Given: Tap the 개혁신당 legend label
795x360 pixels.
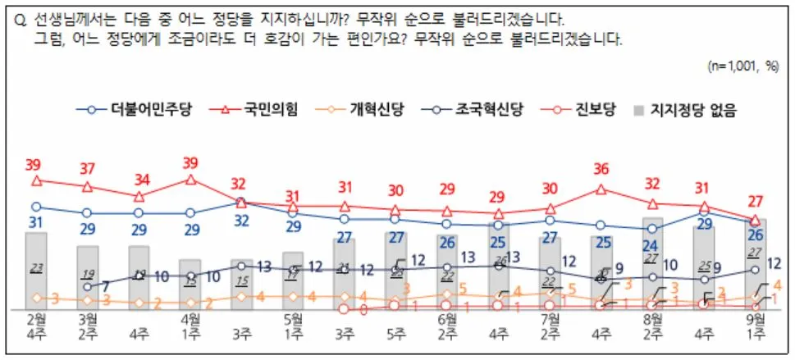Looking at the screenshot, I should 361,109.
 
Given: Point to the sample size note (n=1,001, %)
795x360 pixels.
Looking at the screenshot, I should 742,66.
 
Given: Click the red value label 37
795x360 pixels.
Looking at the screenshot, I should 88,168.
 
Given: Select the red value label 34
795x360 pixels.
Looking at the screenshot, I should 139,179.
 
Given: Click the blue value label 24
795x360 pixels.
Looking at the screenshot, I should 653,245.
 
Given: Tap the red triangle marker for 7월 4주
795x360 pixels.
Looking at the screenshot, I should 602,189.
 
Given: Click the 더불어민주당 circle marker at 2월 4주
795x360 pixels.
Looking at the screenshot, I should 36,207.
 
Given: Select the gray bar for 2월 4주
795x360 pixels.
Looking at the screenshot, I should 36,271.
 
